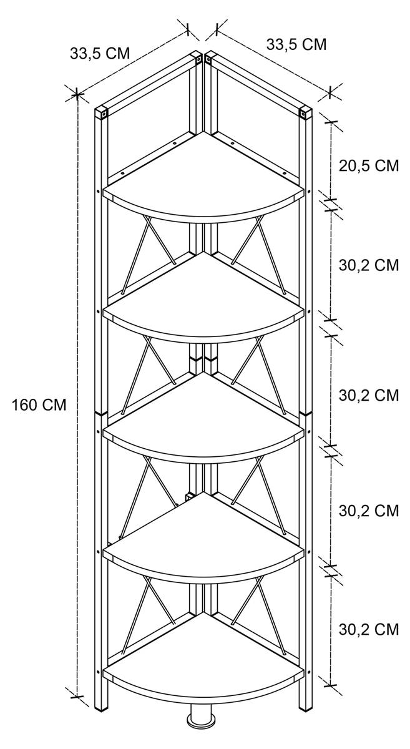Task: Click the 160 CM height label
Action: pyautogui.click(x=39, y=405)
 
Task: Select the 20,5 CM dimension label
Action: pyautogui.click(x=368, y=165)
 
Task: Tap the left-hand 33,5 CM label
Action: pyautogui.click(x=100, y=54)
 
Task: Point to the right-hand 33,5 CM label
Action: pyautogui.click(x=296, y=44)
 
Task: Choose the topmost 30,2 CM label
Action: pyautogui.click(x=368, y=265)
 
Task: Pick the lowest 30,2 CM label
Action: pyautogui.click(x=368, y=630)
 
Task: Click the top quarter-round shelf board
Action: pyautogui.click(x=204, y=181)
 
